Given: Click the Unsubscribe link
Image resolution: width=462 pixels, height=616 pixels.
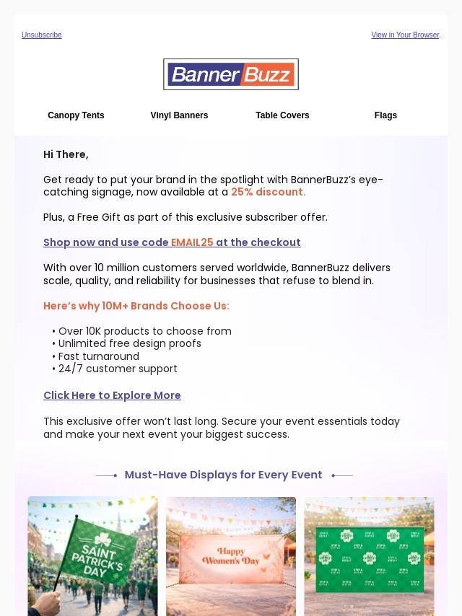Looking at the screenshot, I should [x=41, y=35].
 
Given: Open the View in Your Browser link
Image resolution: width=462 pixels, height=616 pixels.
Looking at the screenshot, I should [x=405, y=35].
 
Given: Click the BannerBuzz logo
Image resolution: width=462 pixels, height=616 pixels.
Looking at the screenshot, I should [x=231, y=74].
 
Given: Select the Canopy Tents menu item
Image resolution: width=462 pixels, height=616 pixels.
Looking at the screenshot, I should [x=76, y=115].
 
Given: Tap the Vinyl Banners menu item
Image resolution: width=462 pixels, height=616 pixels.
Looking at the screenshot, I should [x=179, y=115].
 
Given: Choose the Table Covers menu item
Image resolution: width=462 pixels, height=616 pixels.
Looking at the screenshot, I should [x=282, y=115].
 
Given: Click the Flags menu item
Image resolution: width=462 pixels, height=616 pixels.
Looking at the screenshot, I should [x=385, y=115].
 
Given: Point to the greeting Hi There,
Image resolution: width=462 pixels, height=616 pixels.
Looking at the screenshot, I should [x=66, y=155].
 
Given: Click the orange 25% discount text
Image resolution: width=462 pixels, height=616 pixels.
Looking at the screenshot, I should [x=268, y=193].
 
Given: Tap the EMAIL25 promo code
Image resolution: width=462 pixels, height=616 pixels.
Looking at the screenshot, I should [x=192, y=243].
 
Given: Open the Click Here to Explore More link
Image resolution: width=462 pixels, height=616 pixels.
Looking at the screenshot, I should [x=112, y=396].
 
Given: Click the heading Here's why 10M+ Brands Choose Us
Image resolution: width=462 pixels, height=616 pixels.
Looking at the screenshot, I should [x=136, y=307].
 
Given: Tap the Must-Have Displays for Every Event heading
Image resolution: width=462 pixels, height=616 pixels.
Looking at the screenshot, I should [x=223, y=475].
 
